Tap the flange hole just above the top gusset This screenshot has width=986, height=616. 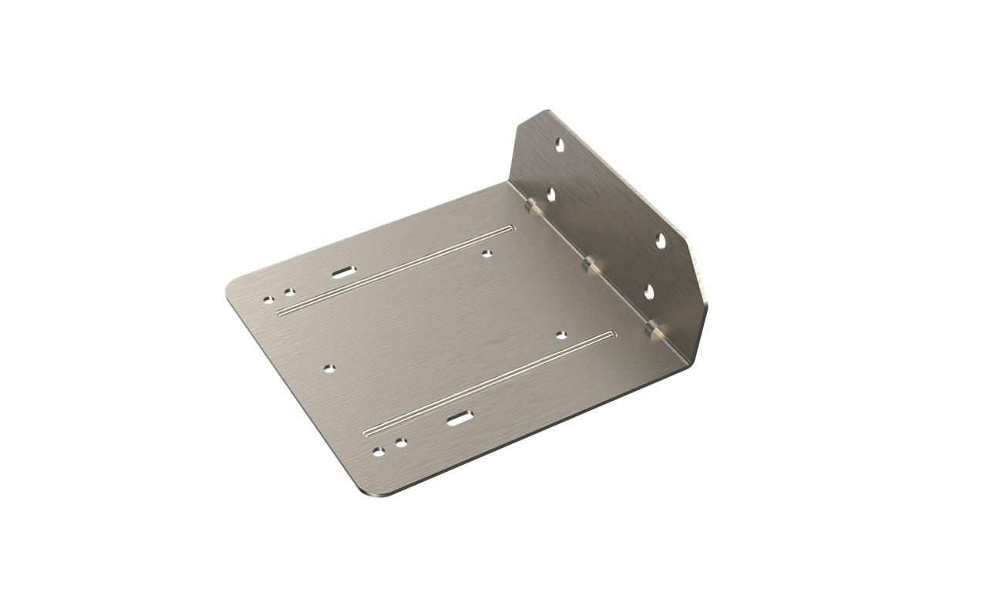coord(550,194)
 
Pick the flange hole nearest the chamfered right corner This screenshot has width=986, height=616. coord(661,241)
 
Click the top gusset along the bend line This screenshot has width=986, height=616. coord(532,206)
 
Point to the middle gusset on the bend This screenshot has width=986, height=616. coord(591,265)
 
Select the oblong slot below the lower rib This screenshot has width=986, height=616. coord(459,418)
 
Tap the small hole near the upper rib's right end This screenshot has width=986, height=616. coord(486,252)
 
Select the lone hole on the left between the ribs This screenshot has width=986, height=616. coord(329,367)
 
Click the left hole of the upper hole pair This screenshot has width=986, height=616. coord(268,299)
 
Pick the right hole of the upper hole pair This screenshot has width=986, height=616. coord(289,291)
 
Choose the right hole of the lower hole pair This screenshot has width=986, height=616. coord(399,443)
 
